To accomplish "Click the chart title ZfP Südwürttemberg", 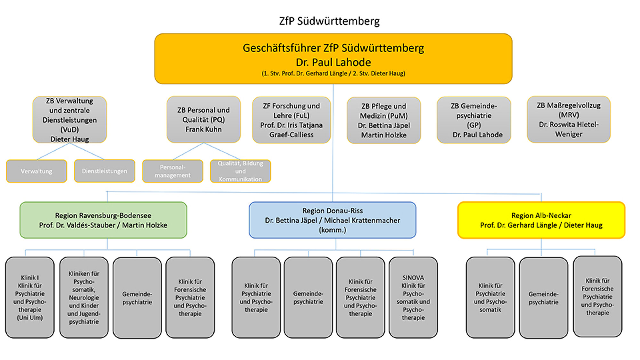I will pos(329,21).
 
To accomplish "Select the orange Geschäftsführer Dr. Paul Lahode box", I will pos(333,59).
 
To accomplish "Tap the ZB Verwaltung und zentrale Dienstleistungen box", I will pos(69,120).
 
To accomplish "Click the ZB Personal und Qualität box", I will pos(204,119).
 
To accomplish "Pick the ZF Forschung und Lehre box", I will pos(291,120).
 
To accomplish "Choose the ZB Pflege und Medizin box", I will pos(384,120).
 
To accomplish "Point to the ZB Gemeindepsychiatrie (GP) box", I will pos(474,120).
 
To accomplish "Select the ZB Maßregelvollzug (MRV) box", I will pos(569,119).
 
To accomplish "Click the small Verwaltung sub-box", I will pos(36,171).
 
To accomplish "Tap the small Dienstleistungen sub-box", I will pos(105,171).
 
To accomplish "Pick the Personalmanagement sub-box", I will pos(172,171).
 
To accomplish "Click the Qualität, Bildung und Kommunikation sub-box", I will pos(240,171).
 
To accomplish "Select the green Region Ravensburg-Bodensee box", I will pos(103,220).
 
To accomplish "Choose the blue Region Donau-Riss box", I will pos(332,220).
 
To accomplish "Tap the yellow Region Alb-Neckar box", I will pos(541,220).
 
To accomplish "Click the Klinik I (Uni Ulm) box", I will pos(30,298).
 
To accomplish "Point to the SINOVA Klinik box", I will pos(413,298).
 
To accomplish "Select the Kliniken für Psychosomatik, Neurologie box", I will pos(84,298).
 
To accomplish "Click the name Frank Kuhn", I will pos(204,129).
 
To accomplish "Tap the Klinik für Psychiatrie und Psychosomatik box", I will pos(490,298).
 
